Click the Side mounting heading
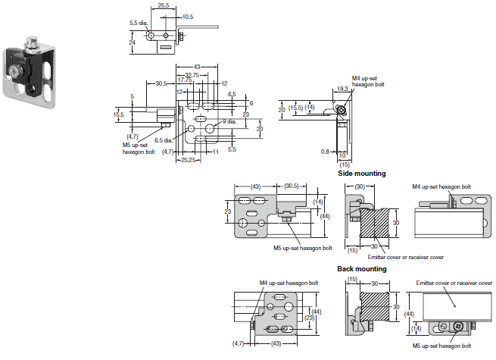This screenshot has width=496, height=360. click(361, 174)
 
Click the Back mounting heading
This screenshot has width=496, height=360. click(361, 269)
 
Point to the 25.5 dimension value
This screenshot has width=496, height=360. click(164, 5)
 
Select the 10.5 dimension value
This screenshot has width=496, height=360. click(188, 17)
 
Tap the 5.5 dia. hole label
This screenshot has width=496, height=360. click(139, 23)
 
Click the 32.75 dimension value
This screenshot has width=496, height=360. click(192, 75)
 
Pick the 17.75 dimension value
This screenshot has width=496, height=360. click(185, 80)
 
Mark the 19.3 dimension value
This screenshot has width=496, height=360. click(342, 89)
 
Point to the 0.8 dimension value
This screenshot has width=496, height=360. click(325, 152)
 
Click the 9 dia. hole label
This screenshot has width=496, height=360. click(229, 121)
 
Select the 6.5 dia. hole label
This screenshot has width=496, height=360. click(164, 140)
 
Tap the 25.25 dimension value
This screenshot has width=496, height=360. click(189, 160)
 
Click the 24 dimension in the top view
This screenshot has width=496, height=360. click(133, 42)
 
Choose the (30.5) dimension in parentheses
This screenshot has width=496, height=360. click(292, 186)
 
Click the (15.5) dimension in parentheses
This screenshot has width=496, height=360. click(295, 108)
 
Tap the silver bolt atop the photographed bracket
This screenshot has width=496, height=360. click(32, 44)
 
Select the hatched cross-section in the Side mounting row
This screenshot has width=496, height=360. click(374, 223)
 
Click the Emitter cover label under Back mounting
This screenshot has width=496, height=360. click(454, 283)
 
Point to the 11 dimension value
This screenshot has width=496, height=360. click(216, 152)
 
